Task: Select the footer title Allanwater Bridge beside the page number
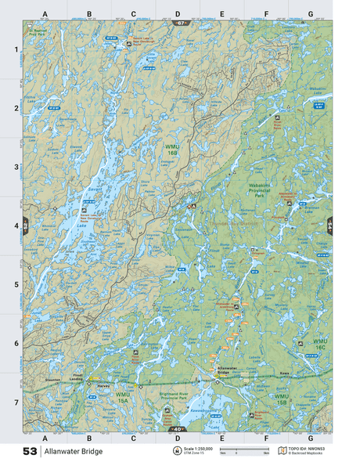click(73, 452)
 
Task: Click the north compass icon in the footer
click(176, 452)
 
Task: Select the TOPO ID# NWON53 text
click(307, 449)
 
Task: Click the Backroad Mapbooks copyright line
click(307, 454)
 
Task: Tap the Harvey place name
click(101, 385)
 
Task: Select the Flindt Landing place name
click(77, 377)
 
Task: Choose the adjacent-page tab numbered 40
click(178, 429)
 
